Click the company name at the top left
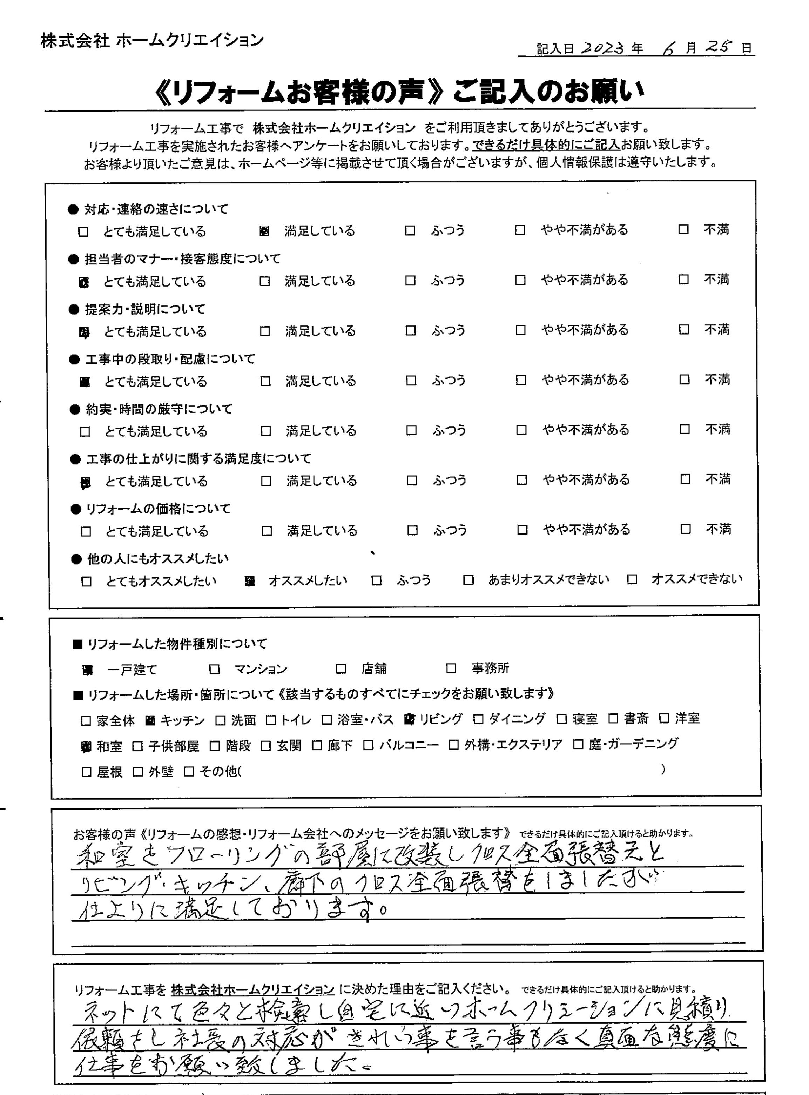click(x=152, y=41)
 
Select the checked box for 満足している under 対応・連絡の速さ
click(x=264, y=231)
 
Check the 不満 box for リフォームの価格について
click(x=686, y=529)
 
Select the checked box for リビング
click(x=409, y=719)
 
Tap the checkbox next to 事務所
click(x=451, y=668)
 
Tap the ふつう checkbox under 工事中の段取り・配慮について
click(x=411, y=381)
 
